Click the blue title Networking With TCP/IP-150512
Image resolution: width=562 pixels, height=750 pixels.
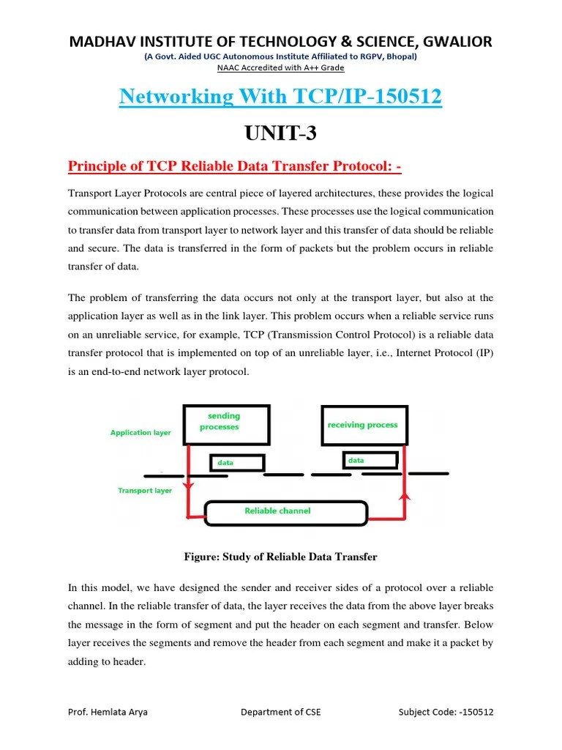click(280, 97)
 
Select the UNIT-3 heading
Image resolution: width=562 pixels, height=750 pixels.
click(280, 135)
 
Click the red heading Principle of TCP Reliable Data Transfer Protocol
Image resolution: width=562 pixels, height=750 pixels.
click(235, 168)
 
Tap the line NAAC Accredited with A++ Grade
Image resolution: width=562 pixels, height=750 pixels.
click(280, 68)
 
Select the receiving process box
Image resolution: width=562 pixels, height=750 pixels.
click(362, 426)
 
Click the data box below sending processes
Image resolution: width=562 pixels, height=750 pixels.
click(236, 464)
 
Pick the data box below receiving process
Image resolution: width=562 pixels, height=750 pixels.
click(370, 461)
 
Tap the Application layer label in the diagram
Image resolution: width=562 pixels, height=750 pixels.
click(140, 433)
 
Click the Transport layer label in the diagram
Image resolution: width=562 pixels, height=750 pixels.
click(145, 491)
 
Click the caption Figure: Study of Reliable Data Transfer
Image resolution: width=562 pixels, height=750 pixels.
click(280, 557)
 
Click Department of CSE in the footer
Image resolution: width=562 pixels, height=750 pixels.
click(280, 712)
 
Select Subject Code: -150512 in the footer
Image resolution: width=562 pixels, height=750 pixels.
click(446, 712)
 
